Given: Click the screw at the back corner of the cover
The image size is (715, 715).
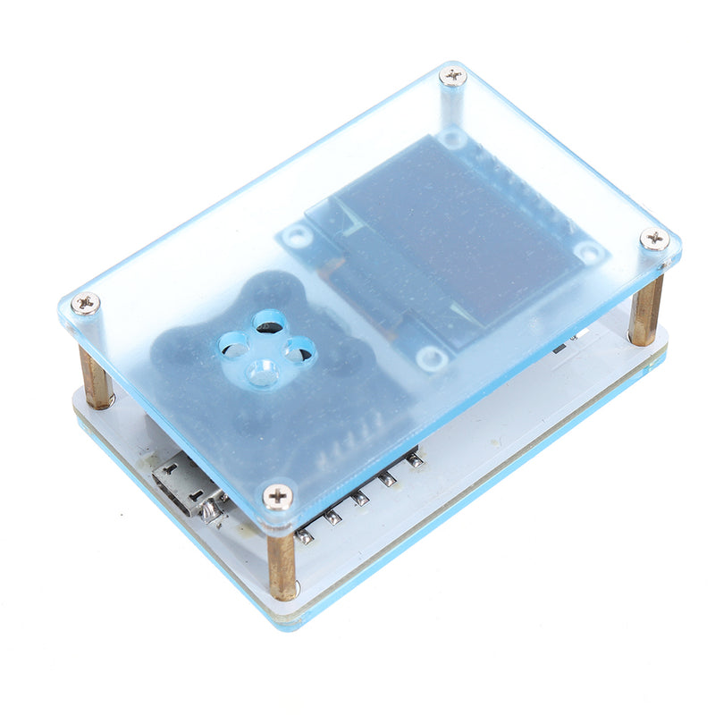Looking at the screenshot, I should tap(453, 77).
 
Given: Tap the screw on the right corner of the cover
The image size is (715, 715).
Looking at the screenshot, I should tap(654, 239).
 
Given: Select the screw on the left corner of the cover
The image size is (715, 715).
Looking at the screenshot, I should tap(86, 303).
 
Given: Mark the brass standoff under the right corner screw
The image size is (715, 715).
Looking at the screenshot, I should tap(645, 308).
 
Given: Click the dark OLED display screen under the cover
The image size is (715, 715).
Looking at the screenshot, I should tap(438, 241).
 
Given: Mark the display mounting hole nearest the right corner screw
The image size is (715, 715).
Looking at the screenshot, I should tap(588, 252).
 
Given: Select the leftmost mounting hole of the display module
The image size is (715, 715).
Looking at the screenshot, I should tap(295, 237).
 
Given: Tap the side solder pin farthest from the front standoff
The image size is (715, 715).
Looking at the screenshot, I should tap(414, 459).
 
